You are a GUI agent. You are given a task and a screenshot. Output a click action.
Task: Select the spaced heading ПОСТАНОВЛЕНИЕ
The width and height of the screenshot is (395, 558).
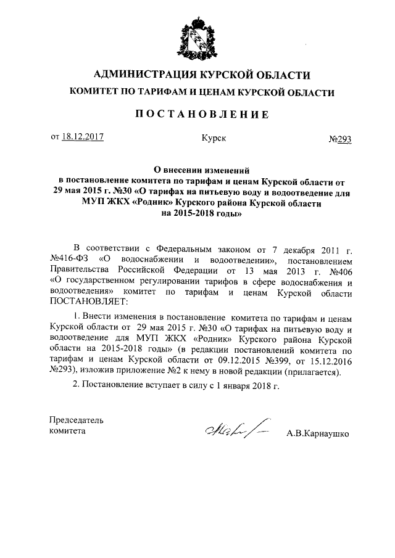(197, 113)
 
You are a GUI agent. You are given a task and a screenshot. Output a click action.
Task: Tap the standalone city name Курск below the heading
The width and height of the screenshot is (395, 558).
(214, 138)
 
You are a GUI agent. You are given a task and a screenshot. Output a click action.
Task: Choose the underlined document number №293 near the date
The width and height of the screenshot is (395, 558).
(339, 139)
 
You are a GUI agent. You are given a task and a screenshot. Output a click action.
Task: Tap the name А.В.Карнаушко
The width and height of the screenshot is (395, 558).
(318, 433)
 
